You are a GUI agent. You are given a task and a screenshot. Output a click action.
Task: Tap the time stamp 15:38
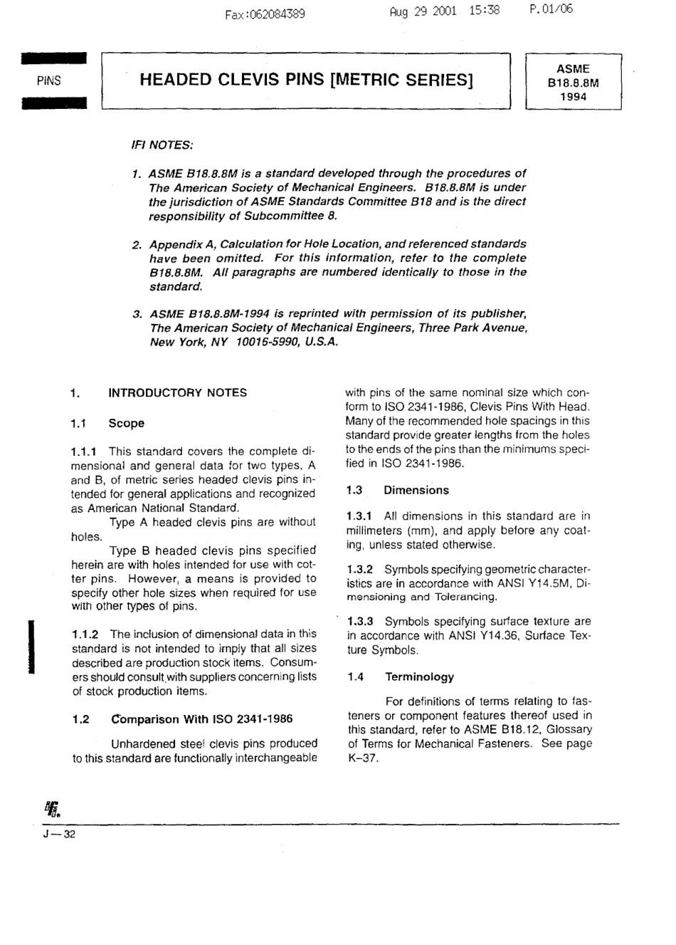484,11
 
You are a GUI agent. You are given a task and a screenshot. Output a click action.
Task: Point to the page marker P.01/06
551,9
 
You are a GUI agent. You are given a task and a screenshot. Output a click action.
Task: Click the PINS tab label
48,80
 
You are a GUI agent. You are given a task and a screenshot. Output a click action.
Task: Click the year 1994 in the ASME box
573,97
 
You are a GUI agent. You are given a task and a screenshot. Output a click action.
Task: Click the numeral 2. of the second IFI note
137,244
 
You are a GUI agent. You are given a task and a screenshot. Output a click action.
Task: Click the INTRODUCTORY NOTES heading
177,392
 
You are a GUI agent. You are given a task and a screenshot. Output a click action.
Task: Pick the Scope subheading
126,423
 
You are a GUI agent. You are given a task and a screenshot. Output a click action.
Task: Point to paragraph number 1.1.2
85,634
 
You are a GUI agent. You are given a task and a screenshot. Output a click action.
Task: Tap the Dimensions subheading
416,490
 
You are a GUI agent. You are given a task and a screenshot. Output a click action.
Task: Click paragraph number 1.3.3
361,622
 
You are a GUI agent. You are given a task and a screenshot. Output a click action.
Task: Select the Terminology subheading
419,677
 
